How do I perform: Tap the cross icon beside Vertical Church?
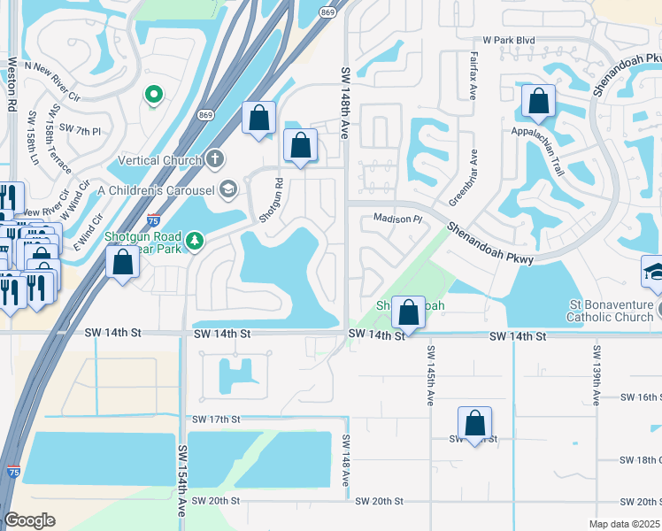click(214, 160)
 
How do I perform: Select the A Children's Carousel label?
click(157, 189)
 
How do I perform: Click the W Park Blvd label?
click(509, 41)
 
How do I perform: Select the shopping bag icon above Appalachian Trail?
click(538, 104)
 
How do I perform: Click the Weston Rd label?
click(12, 84)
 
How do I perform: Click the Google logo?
click(29, 520)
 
